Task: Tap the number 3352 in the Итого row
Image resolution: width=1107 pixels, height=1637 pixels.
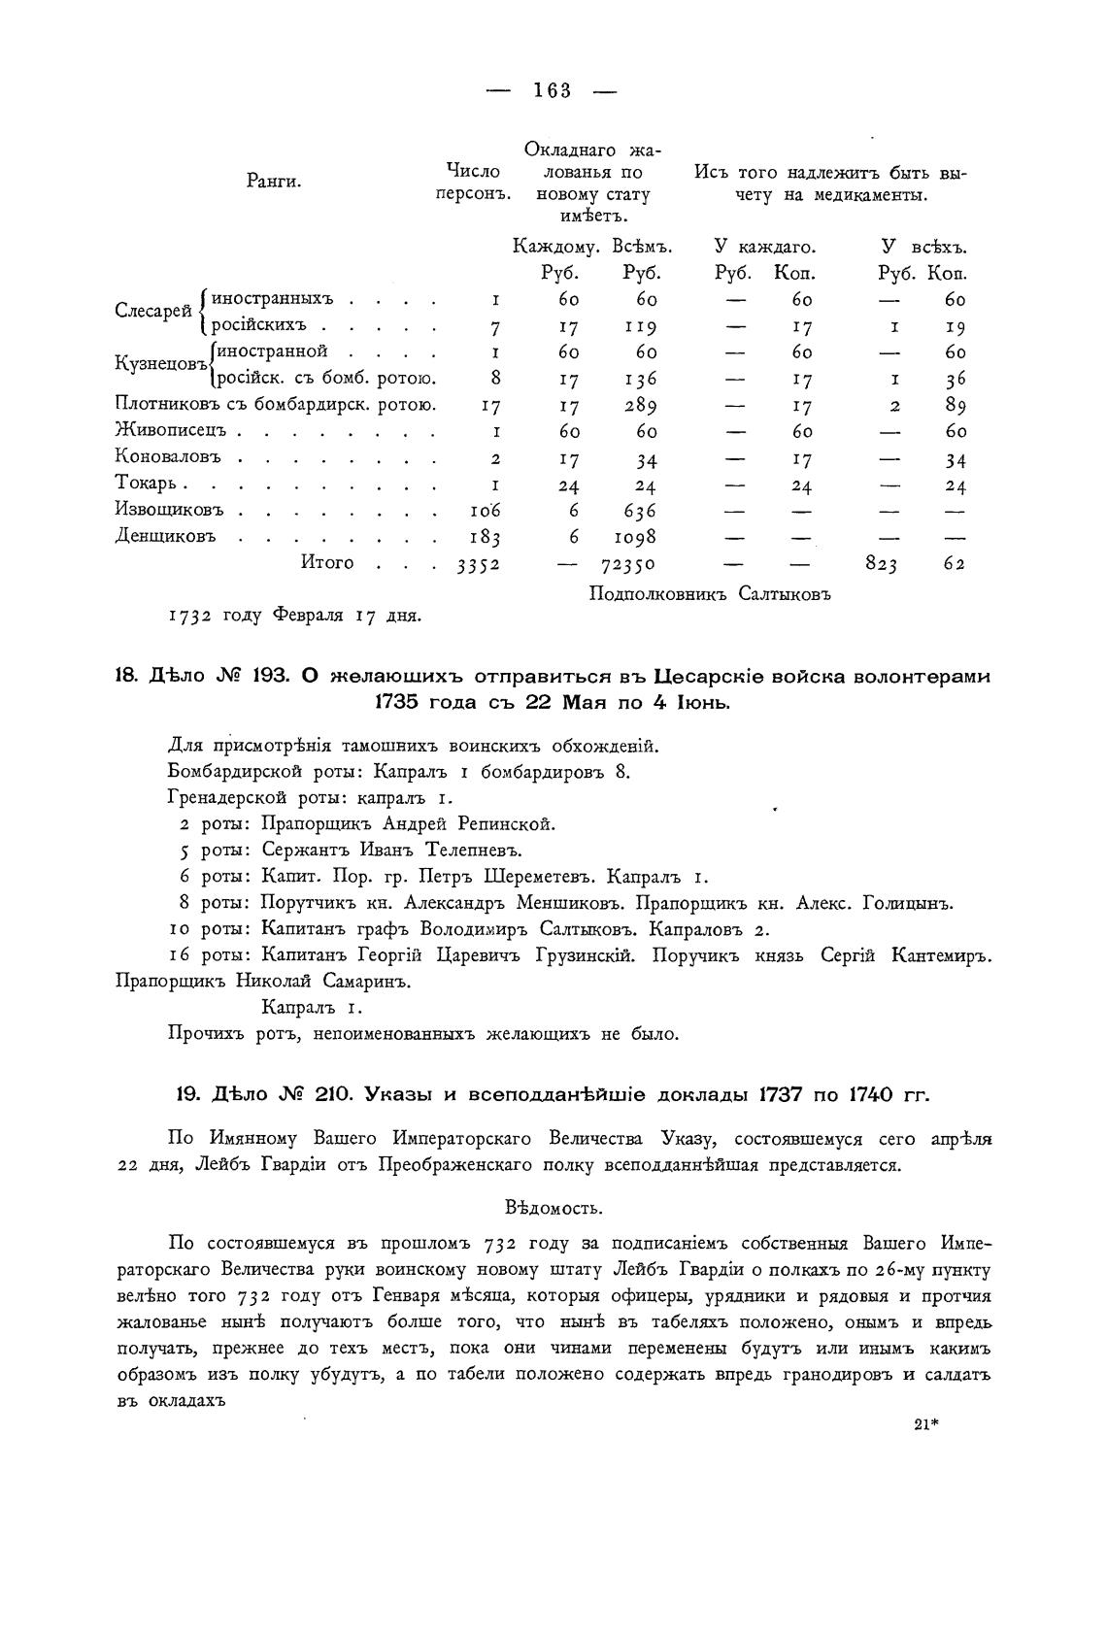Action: [x=478, y=564]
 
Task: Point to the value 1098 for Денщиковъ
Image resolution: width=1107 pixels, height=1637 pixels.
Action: [x=635, y=537]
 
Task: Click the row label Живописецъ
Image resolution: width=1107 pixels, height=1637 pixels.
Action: [x=172, y=431]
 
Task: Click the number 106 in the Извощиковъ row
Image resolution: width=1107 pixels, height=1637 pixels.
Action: [x=485, y=511]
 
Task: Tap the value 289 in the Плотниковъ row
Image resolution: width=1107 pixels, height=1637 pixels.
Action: [x=640, y=406]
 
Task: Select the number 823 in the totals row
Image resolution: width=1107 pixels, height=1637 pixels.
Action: [x=882, y=564]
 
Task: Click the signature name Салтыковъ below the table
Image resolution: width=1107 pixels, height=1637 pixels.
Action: [x=785, y=592]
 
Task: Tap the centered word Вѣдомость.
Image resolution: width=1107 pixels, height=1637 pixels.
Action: [x=554, y=1208]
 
